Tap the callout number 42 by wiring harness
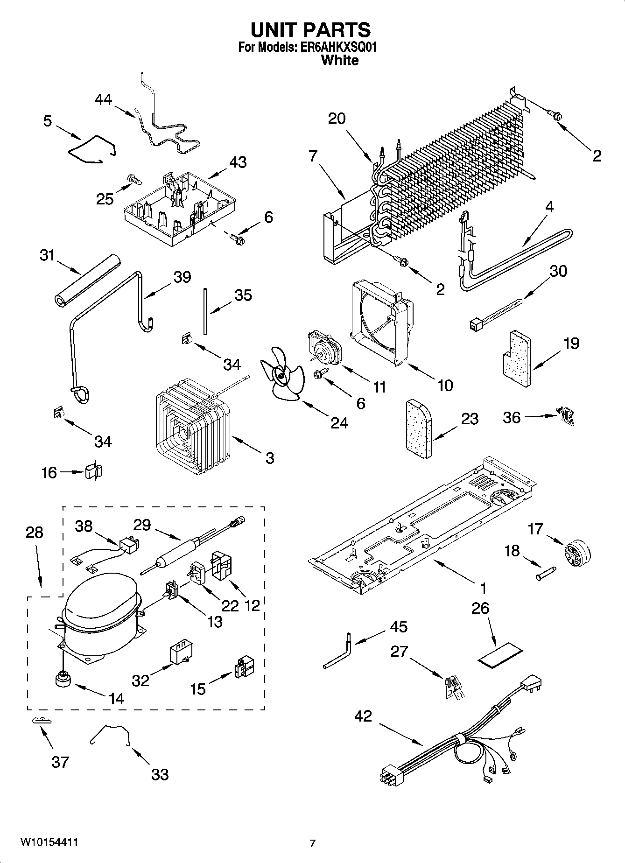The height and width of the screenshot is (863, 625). (x=363, y=716)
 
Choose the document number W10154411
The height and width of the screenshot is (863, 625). (x=49, y=842)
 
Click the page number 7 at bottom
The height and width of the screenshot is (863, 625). (x=312, y=843)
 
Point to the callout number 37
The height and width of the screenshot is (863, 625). (x=61, y=763)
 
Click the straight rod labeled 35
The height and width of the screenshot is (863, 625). (x=205, y=311)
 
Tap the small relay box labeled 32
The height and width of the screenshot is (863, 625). (x=181, y=652)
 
